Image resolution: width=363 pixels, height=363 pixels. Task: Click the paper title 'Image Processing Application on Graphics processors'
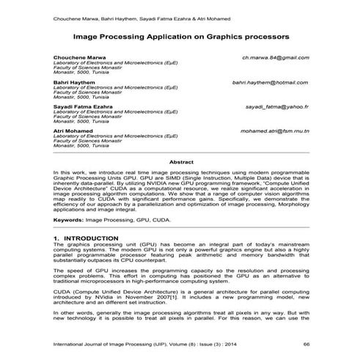click(x=182, y=35)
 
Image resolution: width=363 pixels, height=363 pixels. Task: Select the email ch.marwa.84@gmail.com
click(x=275, y=56)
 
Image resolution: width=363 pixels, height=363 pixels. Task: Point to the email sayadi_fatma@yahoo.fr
click(x=276, y=107)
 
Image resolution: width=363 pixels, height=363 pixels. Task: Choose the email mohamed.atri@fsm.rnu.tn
click(x=274, y=131)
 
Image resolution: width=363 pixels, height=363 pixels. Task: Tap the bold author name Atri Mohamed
click(x=73, y=131)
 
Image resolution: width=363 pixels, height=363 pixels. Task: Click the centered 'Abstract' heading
click(x=181, y=161)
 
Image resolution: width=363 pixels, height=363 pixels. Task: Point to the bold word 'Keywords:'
click(x=68, y=219)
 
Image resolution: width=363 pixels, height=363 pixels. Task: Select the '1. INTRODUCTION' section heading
click(x=86, y=240)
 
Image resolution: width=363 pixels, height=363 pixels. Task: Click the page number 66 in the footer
click(x=306, y=343)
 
